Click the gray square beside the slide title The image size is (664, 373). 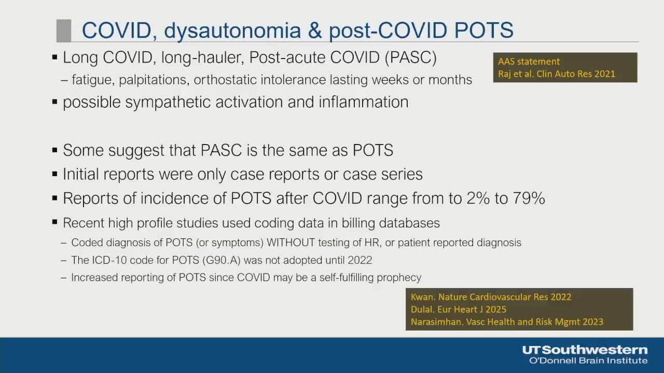click(64, 31)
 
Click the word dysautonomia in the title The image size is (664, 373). click(232, 30)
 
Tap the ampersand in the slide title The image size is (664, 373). click(315, 30)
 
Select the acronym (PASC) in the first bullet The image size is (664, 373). click(410, 58)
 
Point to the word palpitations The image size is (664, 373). click(154, 80)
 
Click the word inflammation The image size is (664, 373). click(364, 102)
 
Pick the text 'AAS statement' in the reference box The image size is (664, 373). click(529, 62)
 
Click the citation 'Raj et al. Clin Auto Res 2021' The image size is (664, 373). click(557, 74)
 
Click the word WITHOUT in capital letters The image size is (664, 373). click(290, 242)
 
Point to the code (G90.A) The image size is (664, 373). click(222, 260)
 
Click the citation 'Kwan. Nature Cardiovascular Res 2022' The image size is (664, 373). click(491, 297)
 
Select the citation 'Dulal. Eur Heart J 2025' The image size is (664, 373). click(458, 309)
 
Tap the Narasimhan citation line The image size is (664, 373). click(507, 322)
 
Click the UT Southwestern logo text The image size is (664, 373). click(585, 350)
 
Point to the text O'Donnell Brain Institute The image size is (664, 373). click(588, 361)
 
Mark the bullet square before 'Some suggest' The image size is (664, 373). click(54, 150)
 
